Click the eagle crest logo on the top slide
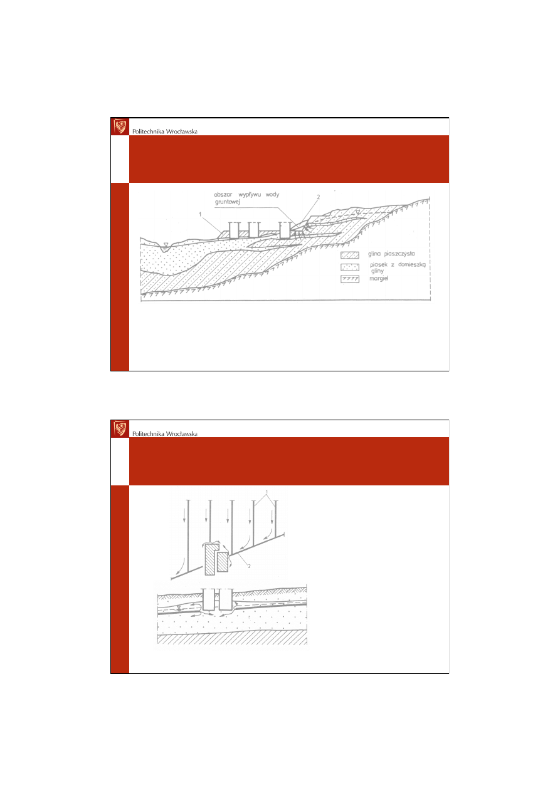(120, 127)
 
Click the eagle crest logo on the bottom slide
(120, 428)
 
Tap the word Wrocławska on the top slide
(181, 132)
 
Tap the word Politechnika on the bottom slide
(148, 433)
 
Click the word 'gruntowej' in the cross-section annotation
(227, 202)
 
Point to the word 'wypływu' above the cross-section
(250, 195)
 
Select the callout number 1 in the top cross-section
(200, 214)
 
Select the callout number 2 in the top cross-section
(318, 197)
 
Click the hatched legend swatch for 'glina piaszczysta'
(350, 255)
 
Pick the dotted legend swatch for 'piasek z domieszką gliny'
(350, 267)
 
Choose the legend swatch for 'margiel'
(350, 279)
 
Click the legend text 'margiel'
(379, 279)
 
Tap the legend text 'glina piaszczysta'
(391, 254)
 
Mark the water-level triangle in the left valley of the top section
(166, 245)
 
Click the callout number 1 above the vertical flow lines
(267, 492)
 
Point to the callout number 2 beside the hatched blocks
(249, 566)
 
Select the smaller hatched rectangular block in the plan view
(223, 562)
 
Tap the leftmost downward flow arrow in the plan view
(184, 516)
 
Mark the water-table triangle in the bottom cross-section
(179, 607)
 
